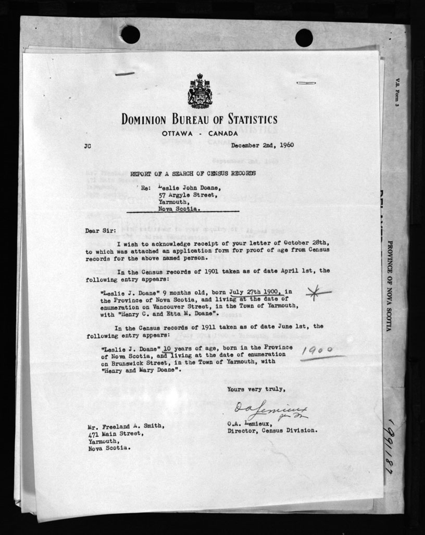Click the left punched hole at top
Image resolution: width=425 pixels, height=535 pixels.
pyautogui.click(x=130, y=34)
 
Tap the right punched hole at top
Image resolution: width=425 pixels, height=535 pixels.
pyautogui.click(x=304, y=38)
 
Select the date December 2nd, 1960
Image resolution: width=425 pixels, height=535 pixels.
pyautogui.click(x=263, y=145)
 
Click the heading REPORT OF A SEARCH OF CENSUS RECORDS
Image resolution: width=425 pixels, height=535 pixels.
pyautogui.click(x=193, y=173)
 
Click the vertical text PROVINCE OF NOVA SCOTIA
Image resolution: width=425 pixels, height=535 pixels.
pyautogui.click(x=390, y=287)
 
